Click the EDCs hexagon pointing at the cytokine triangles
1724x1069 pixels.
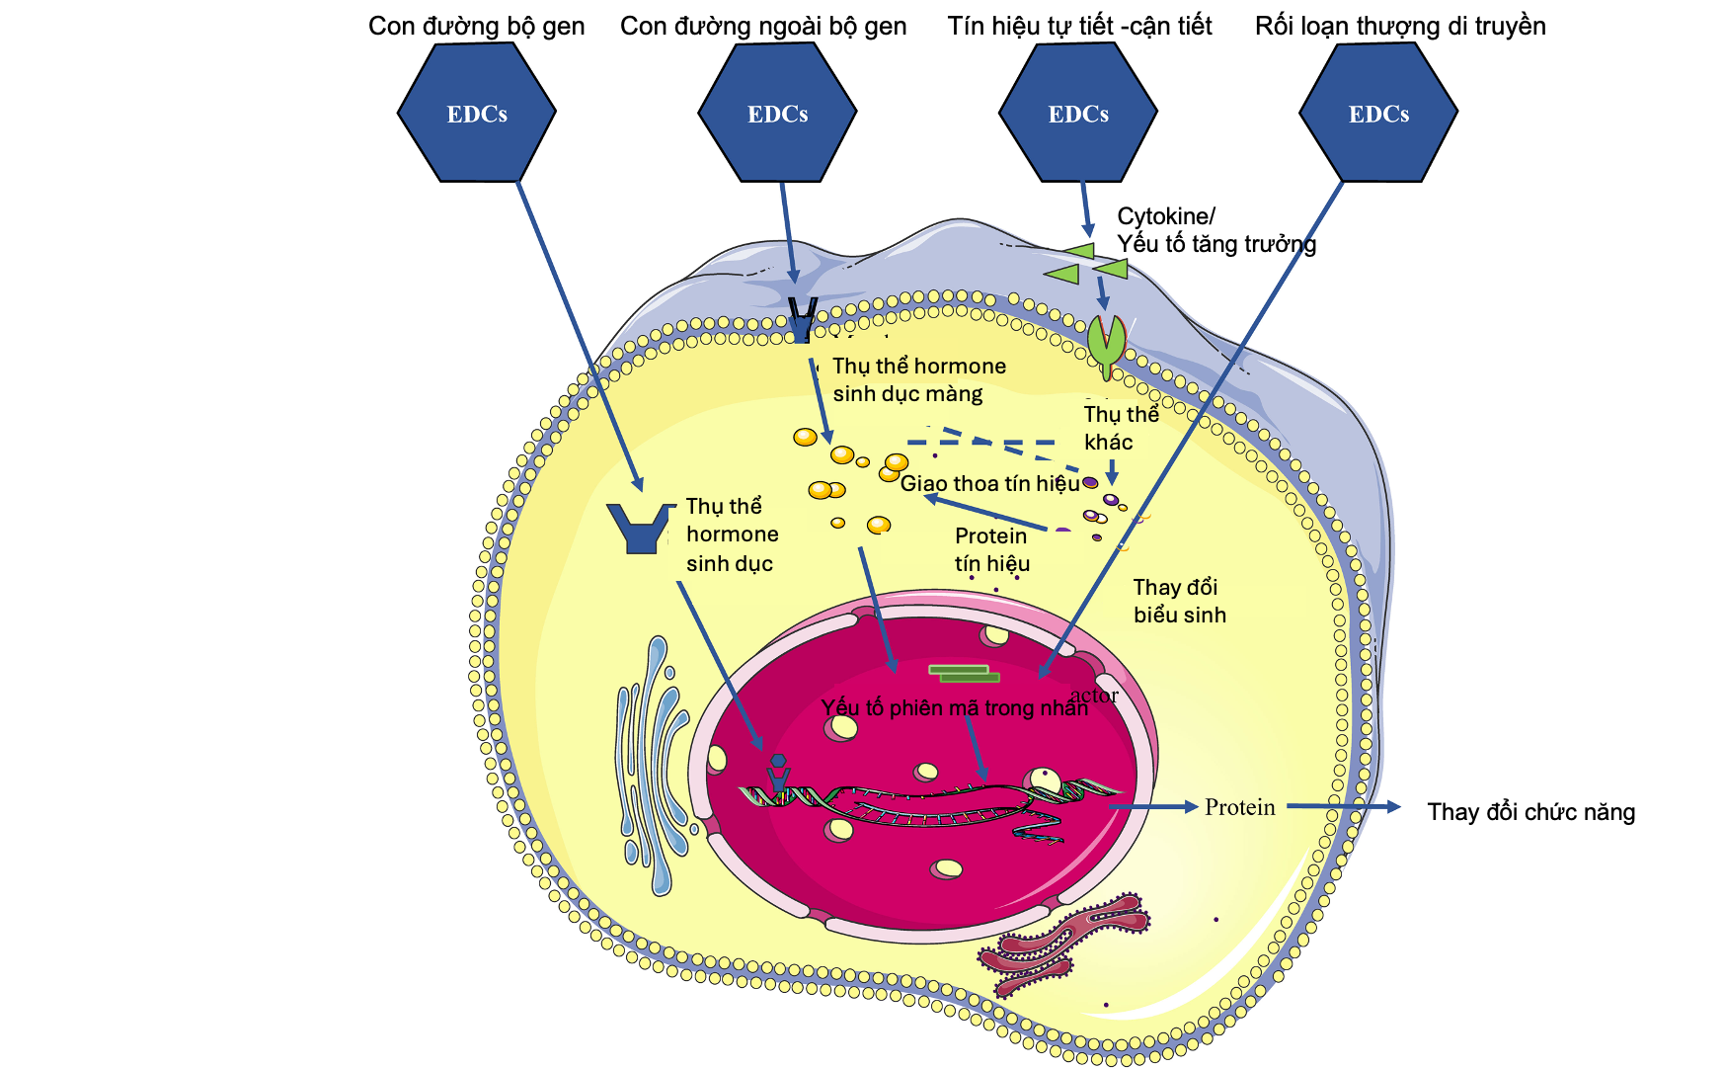click(x=1077, y=113)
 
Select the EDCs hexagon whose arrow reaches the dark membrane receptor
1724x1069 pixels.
click(x=777, y=113)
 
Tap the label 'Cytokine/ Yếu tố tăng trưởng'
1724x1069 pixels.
click(x=1215, y=230)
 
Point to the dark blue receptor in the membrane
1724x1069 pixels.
click(x=801, y=318)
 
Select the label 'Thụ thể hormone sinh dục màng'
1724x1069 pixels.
click(x=918, y=380)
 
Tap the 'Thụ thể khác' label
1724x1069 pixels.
click(x=1120, y=428)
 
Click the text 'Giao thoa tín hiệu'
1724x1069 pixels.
click(x=989, y=483)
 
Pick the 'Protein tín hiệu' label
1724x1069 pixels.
click(x=991, y=549)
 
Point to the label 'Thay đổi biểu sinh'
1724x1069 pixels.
click(x=1179, y=601)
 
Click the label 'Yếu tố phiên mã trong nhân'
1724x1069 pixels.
click(x=954, y=707)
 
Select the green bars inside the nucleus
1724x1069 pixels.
click(x=964, y=674)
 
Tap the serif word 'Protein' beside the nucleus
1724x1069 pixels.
click(x=1239, y=807)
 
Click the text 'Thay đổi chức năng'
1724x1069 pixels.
click(x=1530, y=812)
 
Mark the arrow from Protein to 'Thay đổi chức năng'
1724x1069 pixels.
click(x=1343, y=806)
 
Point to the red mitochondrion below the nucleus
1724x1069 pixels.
click(x=1061, y=944)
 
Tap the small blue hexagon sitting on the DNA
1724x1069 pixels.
click(x=779, y=762)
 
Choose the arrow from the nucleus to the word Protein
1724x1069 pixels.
click(x=1153, y=807)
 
